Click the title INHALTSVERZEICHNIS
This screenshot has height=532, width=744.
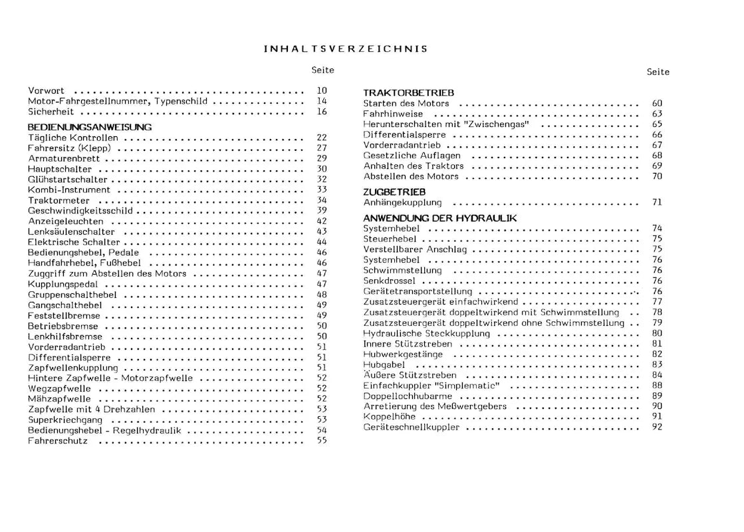[x=346, y=49]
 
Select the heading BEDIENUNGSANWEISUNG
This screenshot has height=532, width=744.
[x=90, y=126]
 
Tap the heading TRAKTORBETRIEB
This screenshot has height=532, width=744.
[x=408, y=93]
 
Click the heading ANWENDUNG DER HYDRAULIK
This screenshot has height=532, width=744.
[x=439, y=217]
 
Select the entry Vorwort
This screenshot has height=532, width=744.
[x=46, y=90]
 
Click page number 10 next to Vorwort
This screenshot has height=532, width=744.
[x=322, y=90]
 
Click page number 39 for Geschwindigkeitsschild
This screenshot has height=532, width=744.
[x=322, y=211]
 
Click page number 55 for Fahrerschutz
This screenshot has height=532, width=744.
[x=322, y=441]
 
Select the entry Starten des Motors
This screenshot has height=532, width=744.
[x=406, y=104]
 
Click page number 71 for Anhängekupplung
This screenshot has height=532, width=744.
[x=657, y=202]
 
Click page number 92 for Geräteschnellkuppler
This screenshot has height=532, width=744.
[x=657, y=427]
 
